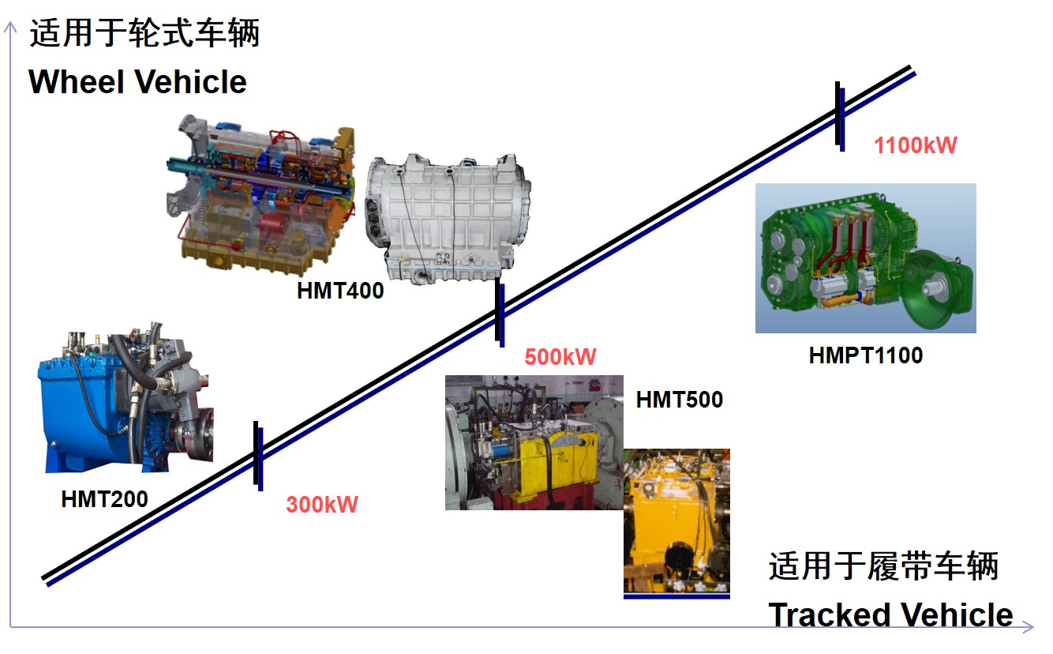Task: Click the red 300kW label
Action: [x=322, y=505]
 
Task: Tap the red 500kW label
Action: [x=560, y=357]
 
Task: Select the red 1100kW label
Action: [x=916, y=145]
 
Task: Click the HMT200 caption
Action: [x=104, y=498]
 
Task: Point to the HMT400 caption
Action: [x=340, y=291]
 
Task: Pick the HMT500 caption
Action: [x=680, y=400]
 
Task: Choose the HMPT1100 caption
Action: [x=866, y=355]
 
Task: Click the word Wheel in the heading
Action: [x=76, y=82]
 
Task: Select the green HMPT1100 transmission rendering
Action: [x=866, y=258]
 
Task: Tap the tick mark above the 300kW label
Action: [x=258, y=456]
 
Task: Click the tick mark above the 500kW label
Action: [x=500, y=312]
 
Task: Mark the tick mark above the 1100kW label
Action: [x=840, y=116]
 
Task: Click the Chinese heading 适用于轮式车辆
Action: [x=144, y=33]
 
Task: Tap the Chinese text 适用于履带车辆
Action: [x=883, y=566]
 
